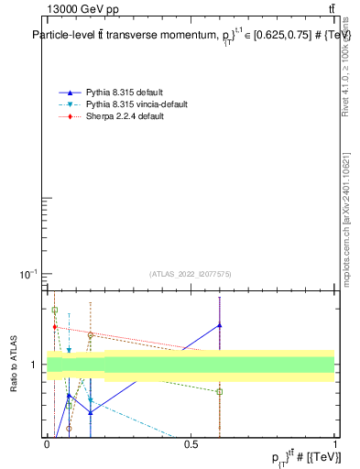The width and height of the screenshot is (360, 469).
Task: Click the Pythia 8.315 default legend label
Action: coord(125,93)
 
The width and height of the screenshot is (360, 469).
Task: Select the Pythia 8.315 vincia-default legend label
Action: coord(136,105)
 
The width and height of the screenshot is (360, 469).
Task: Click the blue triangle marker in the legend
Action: coord(70,93)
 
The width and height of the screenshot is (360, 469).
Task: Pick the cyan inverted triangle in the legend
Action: coord(70,105)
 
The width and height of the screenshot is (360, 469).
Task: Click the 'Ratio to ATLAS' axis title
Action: coord(15,364)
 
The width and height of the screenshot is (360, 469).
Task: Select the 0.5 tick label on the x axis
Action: coord(191,444)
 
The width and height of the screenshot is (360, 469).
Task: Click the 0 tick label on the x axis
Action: coord(48,444)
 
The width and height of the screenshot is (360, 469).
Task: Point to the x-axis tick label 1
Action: coord(334,444)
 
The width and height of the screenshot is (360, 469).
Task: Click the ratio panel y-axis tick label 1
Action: coord(34,365)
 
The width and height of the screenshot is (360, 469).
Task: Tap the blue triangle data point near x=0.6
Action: coord(220,325)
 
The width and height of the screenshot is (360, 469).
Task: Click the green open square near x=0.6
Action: coord(220,392)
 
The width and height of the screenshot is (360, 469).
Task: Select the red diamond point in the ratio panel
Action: coord(55,327)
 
